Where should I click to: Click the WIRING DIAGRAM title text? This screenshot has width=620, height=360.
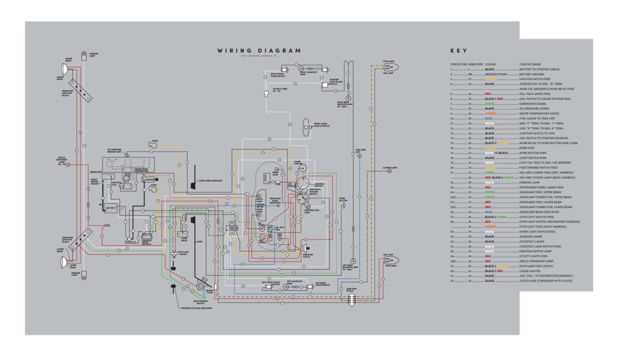[x=259, y=51]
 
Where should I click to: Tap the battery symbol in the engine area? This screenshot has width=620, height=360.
[x=111, y=208]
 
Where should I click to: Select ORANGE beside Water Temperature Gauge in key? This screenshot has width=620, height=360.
[x=492, y=113]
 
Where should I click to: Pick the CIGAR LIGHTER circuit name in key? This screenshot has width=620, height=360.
[x=533, y=271]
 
